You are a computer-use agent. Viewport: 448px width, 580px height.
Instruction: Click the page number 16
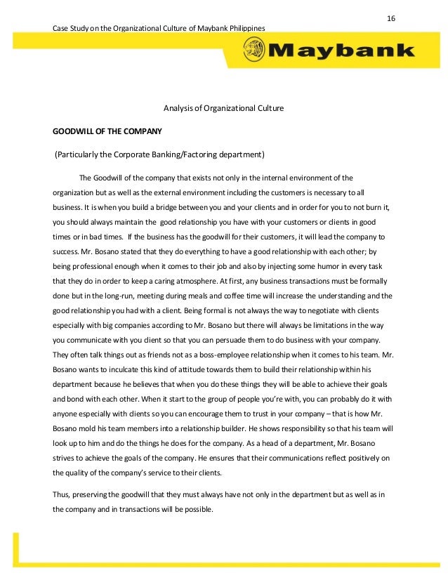[391, 16]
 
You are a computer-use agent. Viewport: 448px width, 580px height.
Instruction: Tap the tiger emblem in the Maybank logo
[254, 50]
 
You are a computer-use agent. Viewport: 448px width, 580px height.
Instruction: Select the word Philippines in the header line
[246, 27]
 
